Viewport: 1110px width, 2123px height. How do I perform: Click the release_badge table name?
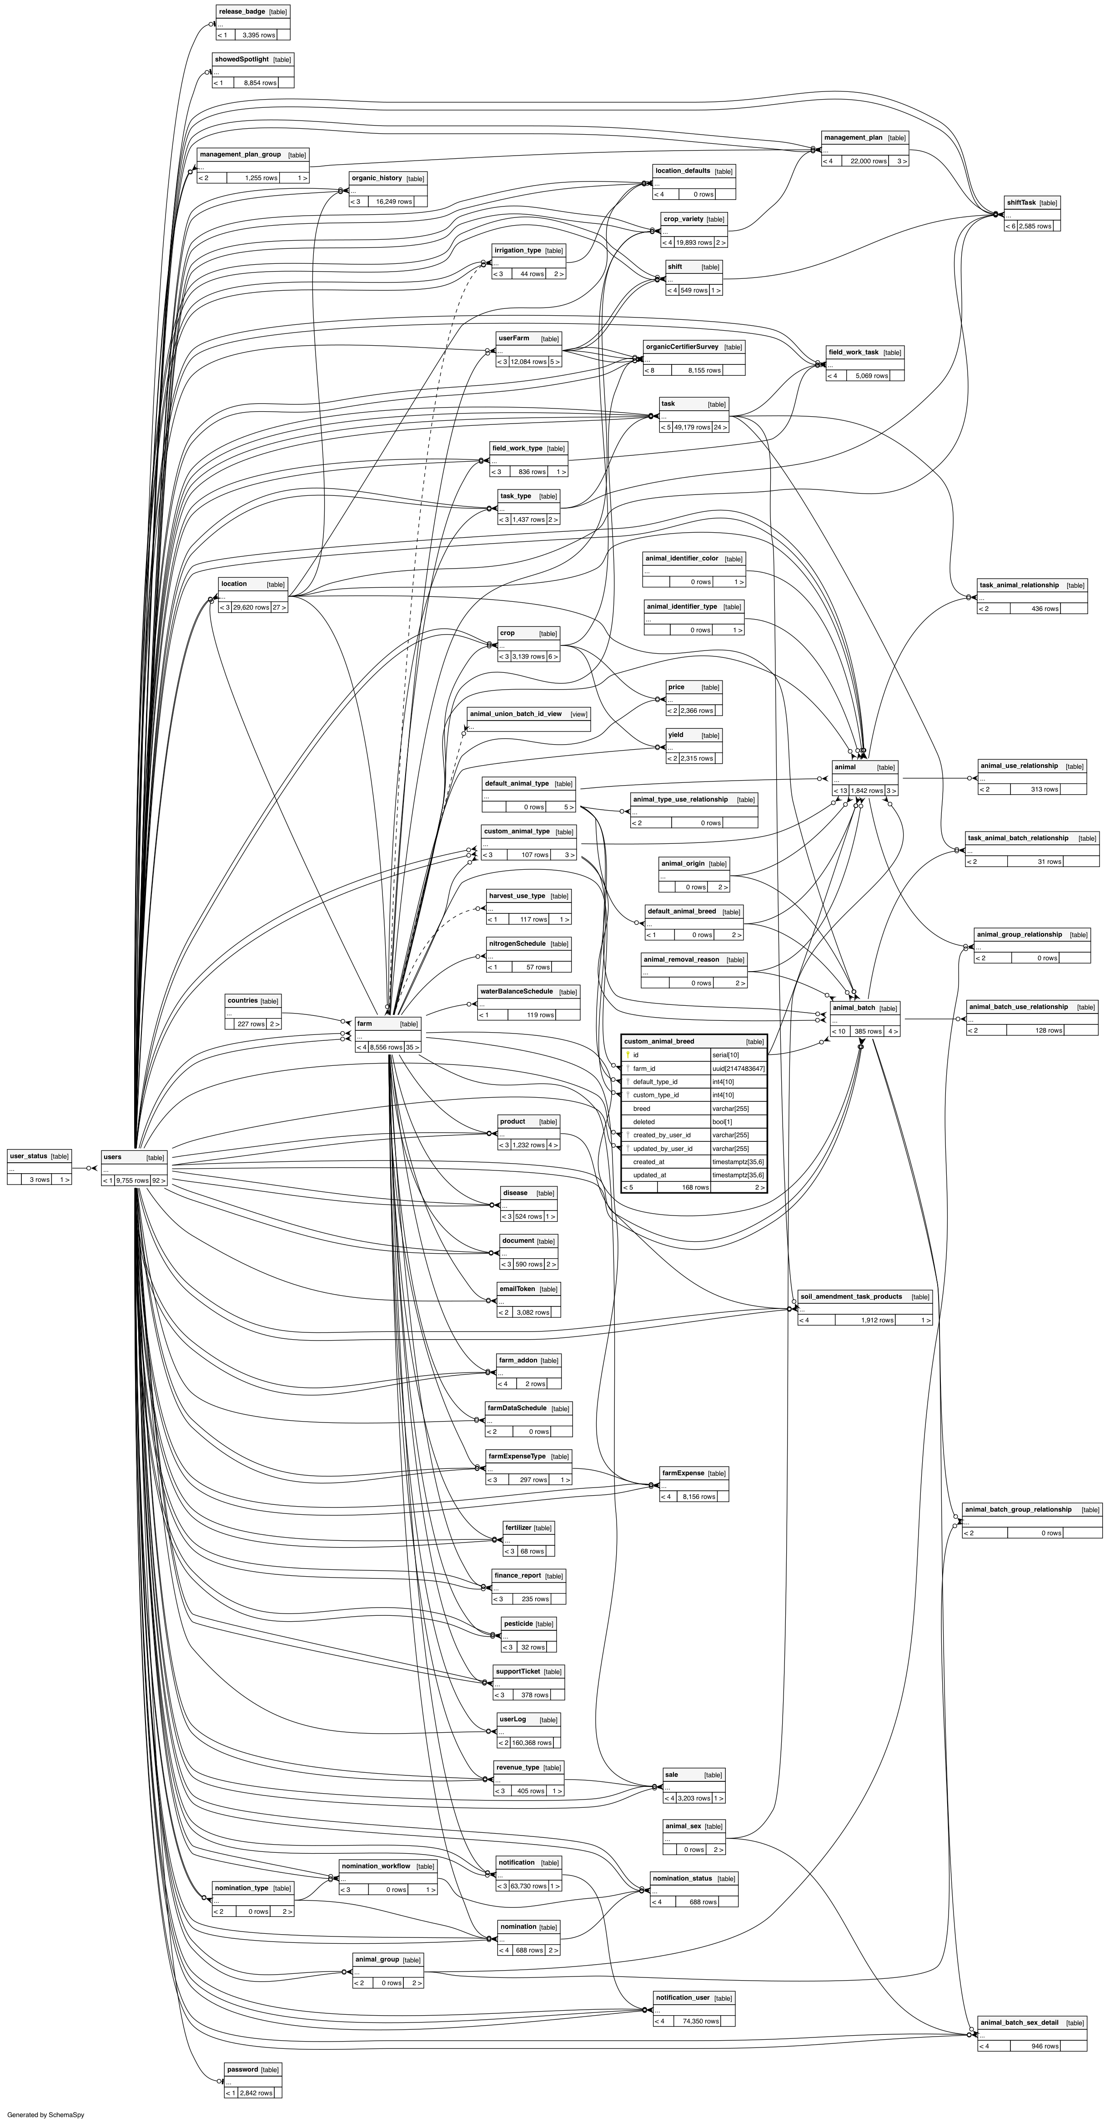[241, 11]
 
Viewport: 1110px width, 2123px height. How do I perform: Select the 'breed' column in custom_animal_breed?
[642, 1109]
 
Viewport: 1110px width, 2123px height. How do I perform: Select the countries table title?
[242, 1000]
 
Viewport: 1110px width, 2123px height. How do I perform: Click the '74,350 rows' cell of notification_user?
[700, 2021]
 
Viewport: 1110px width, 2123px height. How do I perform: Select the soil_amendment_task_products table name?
[851, 1296]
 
